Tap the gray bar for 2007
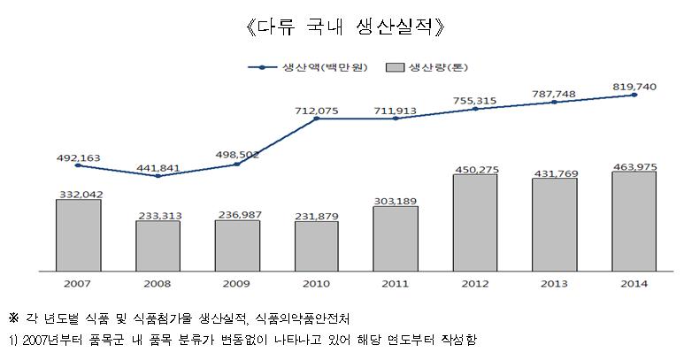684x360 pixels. [x=78, y=234]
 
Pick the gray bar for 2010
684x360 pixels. [x=316, y=245]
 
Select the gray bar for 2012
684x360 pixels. [x=475, y=221]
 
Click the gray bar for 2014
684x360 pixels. [x=634, y=219]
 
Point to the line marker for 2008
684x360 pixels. [x=158, y=176]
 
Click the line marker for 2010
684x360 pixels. [x=316, y=118]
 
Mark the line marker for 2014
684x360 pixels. [x=634, y=95]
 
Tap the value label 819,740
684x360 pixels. [x=634, y=86]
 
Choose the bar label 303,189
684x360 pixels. [x=396, y=200]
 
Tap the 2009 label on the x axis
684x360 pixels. [x=237, y=283]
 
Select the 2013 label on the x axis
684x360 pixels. [x=555, y=283]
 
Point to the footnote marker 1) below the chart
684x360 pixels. [x=12, y=340]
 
